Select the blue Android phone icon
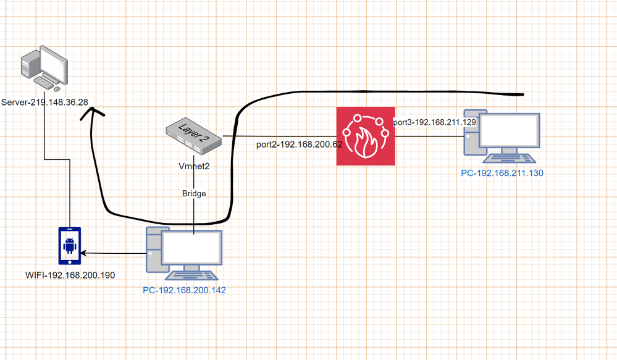coord(69,245)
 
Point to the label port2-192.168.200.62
coord(299,145)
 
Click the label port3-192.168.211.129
coord(434,123)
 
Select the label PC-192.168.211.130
coord(502,174)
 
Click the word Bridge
coord(194,193)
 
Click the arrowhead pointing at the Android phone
coord(85,253)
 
